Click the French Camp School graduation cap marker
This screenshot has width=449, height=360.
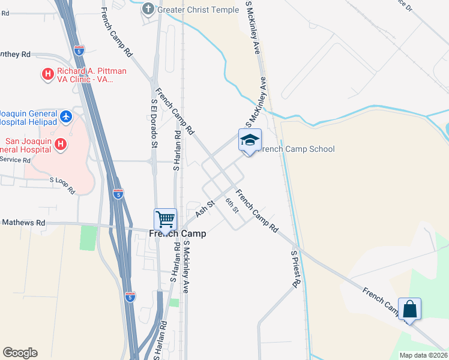[x=250, y=140]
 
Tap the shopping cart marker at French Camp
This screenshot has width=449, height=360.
[x=165, y=219]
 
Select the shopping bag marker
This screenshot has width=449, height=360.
[x=409, y=310]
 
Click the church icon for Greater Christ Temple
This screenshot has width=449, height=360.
[x=148, y=9]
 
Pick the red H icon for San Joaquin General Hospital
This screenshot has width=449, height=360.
[x=60, y=144]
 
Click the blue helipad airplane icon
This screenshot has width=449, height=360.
[x=66, y=115]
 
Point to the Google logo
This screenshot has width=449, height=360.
[x=20, y=353]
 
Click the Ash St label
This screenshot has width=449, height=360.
[x=205, y=208]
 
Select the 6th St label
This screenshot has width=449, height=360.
[x=232, y=205]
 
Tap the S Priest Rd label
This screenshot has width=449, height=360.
[x=294, y=268]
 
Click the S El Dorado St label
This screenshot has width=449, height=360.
[x=154, y=124]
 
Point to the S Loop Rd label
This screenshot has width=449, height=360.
[x=62, y=185]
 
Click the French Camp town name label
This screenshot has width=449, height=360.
[x=177, y=233]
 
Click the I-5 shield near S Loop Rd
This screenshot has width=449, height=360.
[x=118, y=194]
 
